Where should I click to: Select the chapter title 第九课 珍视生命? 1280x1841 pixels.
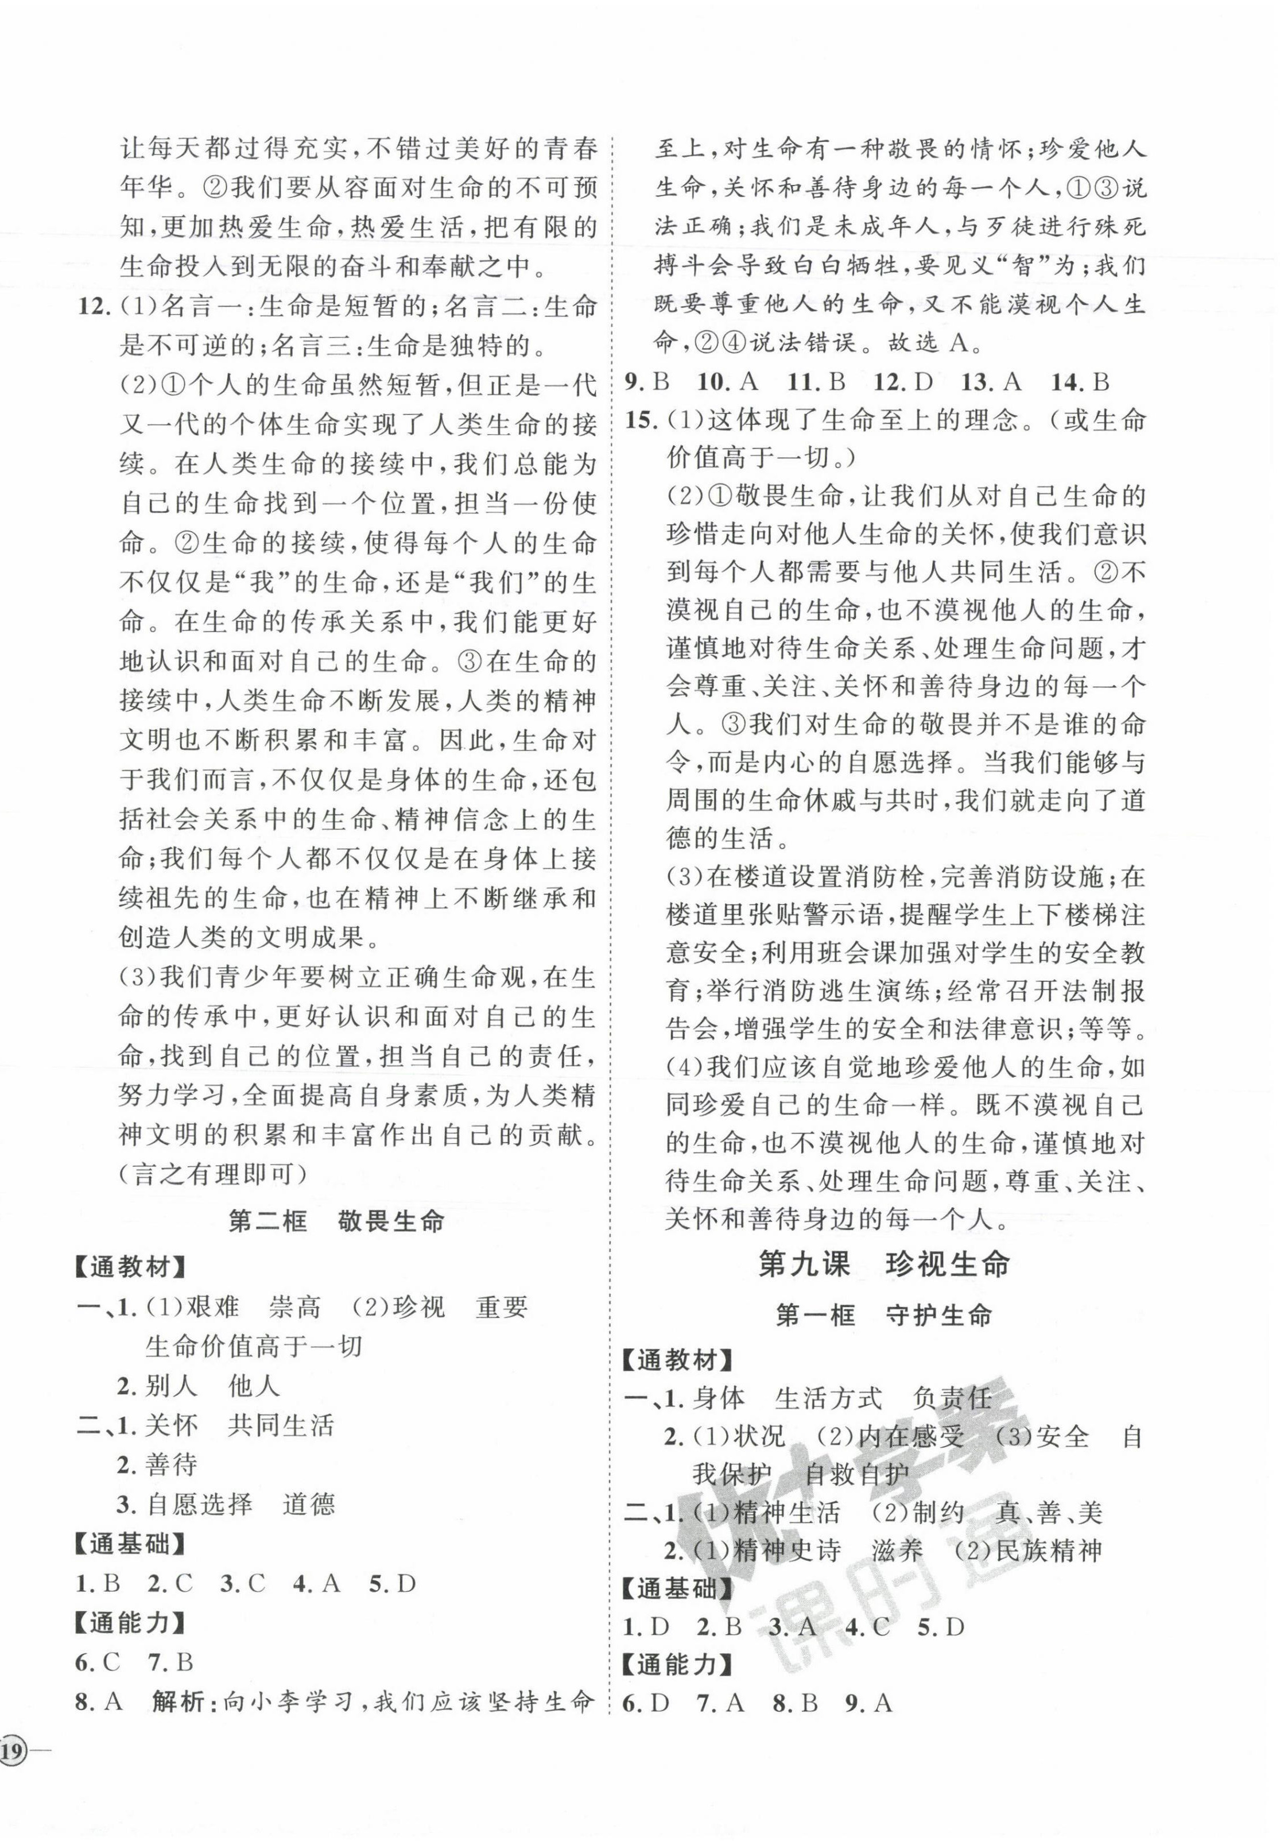[883, 1264]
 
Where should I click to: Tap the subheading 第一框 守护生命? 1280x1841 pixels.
[883, 1316]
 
